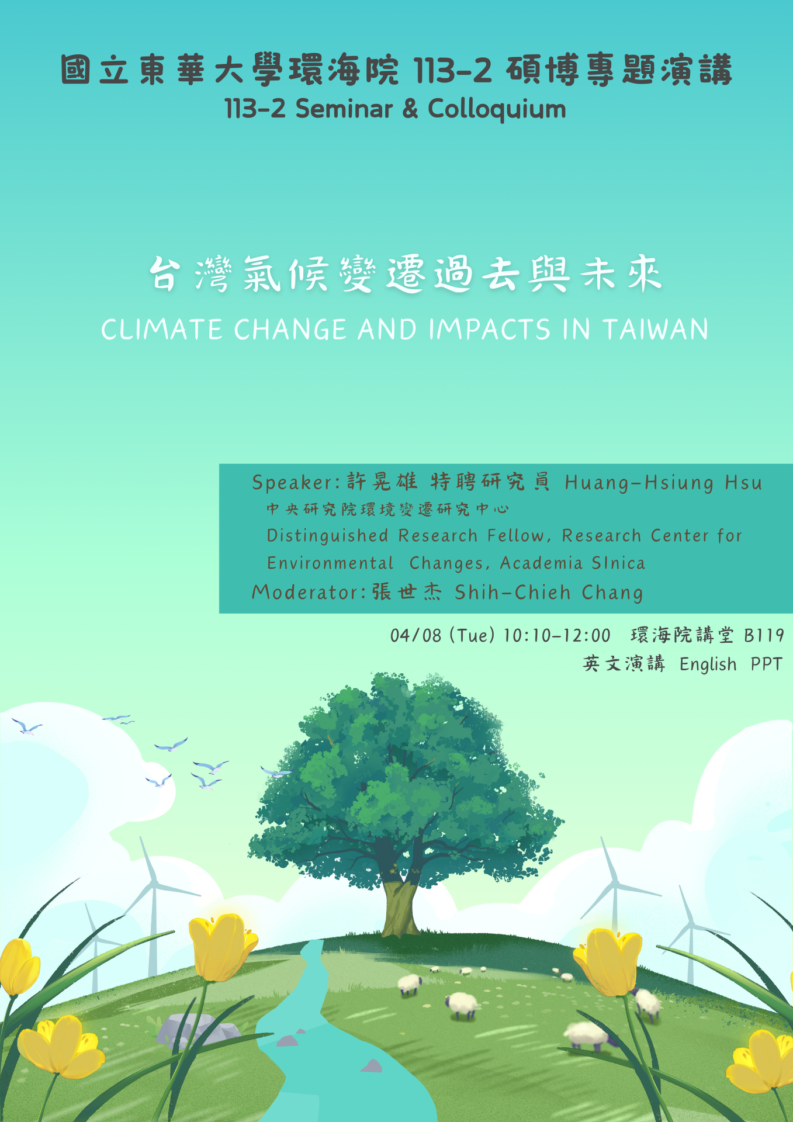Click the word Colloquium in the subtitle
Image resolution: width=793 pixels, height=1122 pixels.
coord(497,110)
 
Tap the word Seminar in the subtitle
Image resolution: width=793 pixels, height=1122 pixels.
coord(344,109)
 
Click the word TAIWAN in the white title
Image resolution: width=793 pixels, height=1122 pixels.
coord(656,330)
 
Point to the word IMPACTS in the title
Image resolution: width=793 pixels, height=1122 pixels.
coord(490,330)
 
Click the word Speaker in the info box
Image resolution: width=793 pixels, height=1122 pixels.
coord(292,483)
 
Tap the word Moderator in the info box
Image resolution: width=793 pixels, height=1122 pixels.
coord(304,593)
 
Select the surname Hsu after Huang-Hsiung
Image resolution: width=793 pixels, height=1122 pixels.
coord(743,483)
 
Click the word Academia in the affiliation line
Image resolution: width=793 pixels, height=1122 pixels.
coord(541,563)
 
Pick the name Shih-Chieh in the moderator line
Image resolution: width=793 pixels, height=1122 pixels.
coord(512,593)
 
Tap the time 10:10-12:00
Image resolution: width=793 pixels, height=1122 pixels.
coord(557,635)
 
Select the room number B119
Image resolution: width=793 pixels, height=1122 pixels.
coord(764,635)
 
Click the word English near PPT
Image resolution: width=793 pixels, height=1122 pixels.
coord(708,664)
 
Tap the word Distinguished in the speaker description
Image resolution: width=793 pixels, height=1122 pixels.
coord(327,536)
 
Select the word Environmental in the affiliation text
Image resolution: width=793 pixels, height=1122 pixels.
coord(330,563)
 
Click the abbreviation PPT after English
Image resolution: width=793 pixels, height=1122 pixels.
coord(766,664)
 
